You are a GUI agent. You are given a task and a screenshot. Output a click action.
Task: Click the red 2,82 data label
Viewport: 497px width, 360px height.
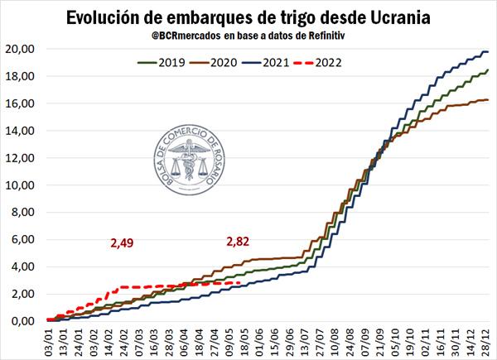[x=238, y=241]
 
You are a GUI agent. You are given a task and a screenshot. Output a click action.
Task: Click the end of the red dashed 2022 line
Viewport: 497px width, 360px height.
[x=240, y=283]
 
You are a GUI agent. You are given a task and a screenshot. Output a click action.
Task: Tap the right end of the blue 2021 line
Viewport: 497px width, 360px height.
[x=488, y=52]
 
